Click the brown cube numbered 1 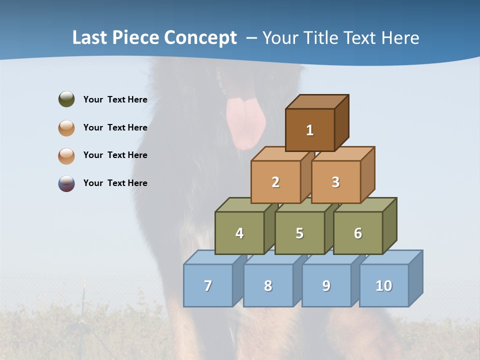(x=310, y=130)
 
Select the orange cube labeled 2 (x=275, y=182)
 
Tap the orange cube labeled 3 (x=335, y=182)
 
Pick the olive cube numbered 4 (x=239, y=233)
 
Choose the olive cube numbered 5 (x=299, y=233)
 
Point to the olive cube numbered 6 (x=358, y=233)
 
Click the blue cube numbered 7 (x=208, y=285)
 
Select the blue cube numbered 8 (x=268, y=285)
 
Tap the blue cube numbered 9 (x=326, y=285)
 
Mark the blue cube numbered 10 (x=384, y=285)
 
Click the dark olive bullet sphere (x=66, y=99)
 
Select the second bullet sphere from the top (x=66, y=127)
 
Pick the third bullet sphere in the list (x=66, y=155)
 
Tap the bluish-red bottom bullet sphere (x=66, y=183)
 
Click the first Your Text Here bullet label (x=115, y=99)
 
